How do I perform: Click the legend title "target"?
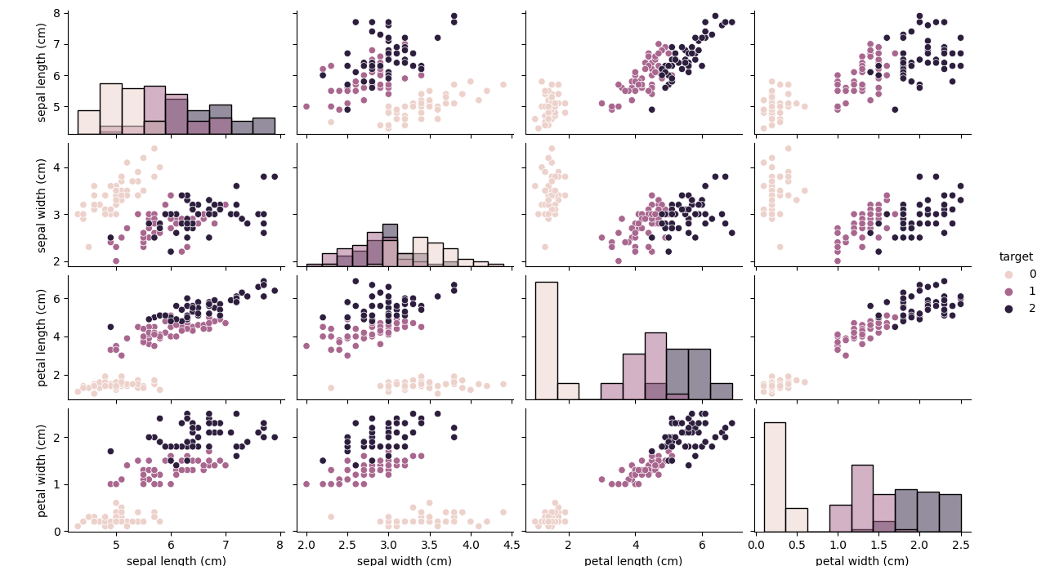click(x=1016, y=256)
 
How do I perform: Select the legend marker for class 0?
click(x=1008, y=274)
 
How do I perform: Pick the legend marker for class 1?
click(x=1008, y=292)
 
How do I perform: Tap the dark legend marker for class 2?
click(x=1008, y=309)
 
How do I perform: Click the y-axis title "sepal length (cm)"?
click(x=42, y=72)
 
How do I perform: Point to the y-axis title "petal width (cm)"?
click(x=42, y=470)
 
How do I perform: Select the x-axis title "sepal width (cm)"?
click(x=404, y=561)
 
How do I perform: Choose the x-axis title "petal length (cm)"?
click(x=633, y=561)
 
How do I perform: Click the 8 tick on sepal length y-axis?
click(x=57, y=13)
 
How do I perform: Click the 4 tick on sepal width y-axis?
click(x=57, y=167)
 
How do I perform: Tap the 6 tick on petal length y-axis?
click(x=57, y=298)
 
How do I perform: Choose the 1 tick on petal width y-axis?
click(x=57, y=484)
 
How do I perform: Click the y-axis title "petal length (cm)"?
click(x=42, y=337)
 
